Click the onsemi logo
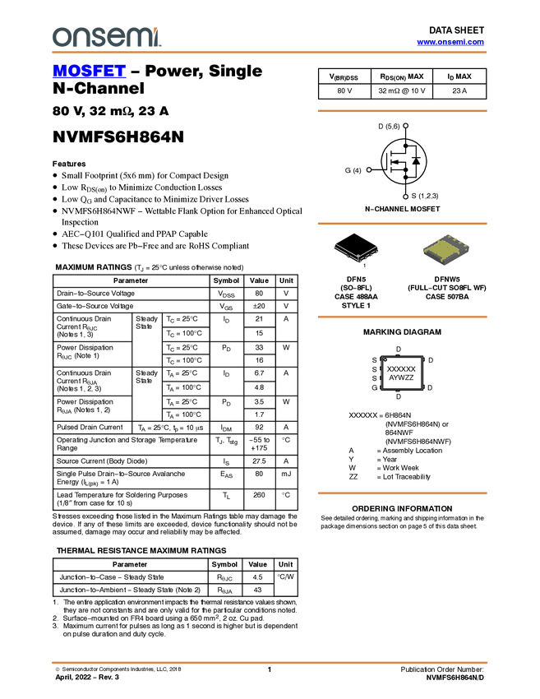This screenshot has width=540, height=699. click(106, 37)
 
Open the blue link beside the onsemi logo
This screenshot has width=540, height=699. click(450, 42)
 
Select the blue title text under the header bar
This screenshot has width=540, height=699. click(89, 72)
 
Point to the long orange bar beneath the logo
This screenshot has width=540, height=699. click(269, 53)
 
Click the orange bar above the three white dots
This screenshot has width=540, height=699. click(402, 110)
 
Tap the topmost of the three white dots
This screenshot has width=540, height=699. click(407, 126)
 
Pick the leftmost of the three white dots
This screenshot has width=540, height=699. click(369, 169)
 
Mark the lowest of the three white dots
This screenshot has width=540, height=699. click(407, 197)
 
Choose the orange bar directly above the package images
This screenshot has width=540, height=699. click(402, 223)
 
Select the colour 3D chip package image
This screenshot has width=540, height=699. click(446, 249)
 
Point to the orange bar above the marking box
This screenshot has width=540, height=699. click(402, 317)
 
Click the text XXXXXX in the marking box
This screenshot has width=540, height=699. click(401, 369)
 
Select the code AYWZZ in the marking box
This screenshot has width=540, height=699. click(401, 377)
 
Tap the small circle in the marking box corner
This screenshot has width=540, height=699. click(385, 359)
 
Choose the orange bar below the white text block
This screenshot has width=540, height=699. click(402, 493)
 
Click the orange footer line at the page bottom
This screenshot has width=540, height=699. click(269, 662)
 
